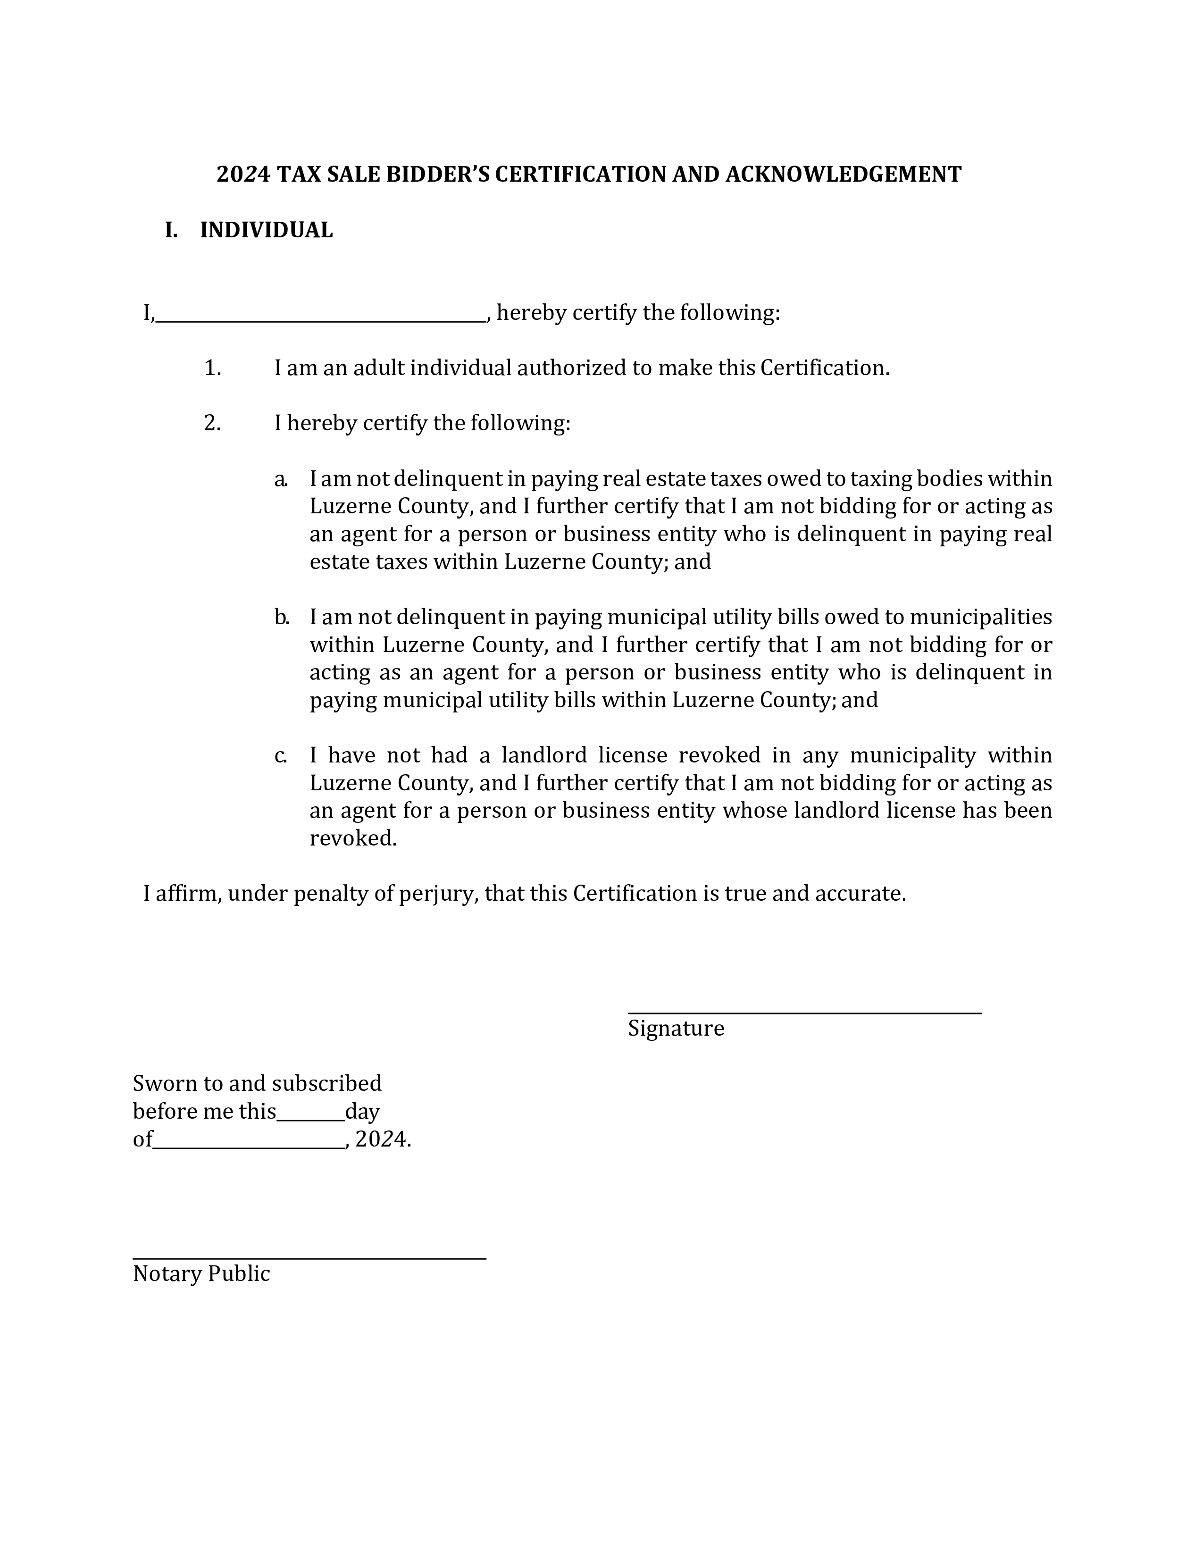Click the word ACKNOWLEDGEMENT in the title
pos(843,175)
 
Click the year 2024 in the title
pos(243,175)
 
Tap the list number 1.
pos(212,368)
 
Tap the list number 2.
pos(212,424)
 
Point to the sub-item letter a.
pos(280,479)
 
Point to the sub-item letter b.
pos(281,618)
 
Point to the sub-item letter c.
pos(280,756)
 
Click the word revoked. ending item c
pos(353,838)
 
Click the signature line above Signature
pos(804,1011)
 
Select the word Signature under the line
pos(675,1029)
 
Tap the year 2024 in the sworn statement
pos(381,1140)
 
